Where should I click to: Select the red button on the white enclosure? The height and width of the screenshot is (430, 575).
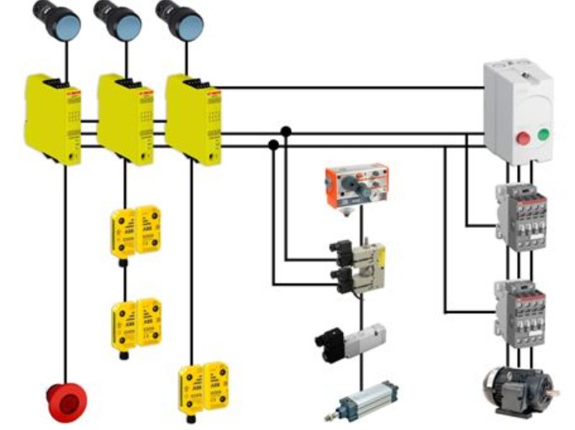click(x=521, y=136)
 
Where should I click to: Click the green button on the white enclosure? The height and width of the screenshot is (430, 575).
click(x=543, y=133)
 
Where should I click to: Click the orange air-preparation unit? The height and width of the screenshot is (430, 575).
click(x=357, y=183)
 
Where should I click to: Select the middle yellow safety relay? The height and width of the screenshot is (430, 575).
click(x=125, y=118)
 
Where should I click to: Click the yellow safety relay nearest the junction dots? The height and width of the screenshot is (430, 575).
click(x=192, y=118)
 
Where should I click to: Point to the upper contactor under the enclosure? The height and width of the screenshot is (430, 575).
click(x=522, y=216)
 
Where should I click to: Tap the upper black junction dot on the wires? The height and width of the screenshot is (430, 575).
click(x=286, y=131)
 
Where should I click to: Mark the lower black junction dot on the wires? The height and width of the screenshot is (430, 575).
click(x=273, y=145)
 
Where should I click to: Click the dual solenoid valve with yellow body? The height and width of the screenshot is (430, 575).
click(x=357, y=267)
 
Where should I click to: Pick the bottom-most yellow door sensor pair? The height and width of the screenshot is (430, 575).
click(x=203, y=386)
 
